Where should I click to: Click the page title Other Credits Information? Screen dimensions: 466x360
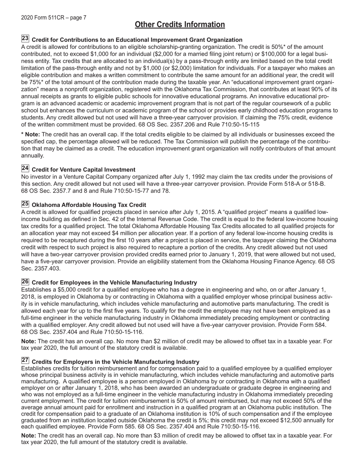pos(180,25)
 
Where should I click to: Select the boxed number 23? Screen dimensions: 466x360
pos(25,39)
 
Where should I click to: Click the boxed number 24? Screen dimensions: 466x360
pos(25,169)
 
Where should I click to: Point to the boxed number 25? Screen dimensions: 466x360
pos(25,204)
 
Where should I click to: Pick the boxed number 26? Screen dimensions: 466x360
pos(25,281)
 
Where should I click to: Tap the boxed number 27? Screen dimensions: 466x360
pos(25,361)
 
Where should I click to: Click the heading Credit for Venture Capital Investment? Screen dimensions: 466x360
pos(83,170)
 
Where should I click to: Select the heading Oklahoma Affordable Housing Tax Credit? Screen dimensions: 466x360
pos(89,205)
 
